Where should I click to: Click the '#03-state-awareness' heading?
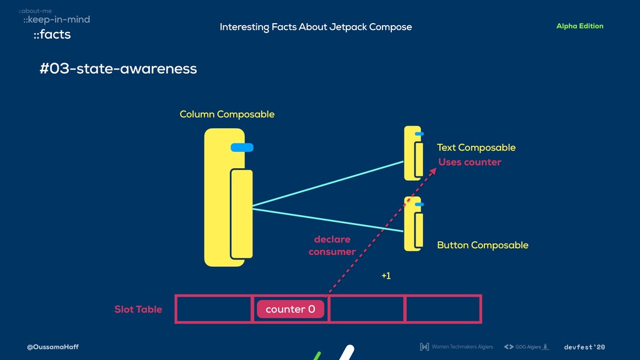tap(118, 69)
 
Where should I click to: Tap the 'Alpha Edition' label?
tap(579, 26)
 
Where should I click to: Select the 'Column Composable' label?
tap(227, 114)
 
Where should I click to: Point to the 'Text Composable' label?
tap(476, 147)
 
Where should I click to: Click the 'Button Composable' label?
tap(482, 245)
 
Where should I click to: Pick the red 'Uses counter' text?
tap(469, 162)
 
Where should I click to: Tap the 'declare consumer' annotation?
tap(332, 246)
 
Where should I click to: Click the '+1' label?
tap(386, 276)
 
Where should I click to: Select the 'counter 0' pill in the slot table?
tap(290, 309)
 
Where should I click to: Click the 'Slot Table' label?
tap(138, 309)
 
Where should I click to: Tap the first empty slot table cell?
tap(214, 309)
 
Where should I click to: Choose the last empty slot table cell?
tap(443, 309)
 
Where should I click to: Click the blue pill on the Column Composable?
tap(242, 147)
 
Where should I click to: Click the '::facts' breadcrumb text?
tap(52, 35)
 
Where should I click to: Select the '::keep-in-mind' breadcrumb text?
tap(56, 20)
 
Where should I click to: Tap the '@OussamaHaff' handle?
tap(52, 347)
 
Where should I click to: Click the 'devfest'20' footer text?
tap(584, 347)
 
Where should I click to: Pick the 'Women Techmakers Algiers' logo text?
tap(462, 347)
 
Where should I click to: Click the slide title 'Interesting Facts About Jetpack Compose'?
tap(316, 27)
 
